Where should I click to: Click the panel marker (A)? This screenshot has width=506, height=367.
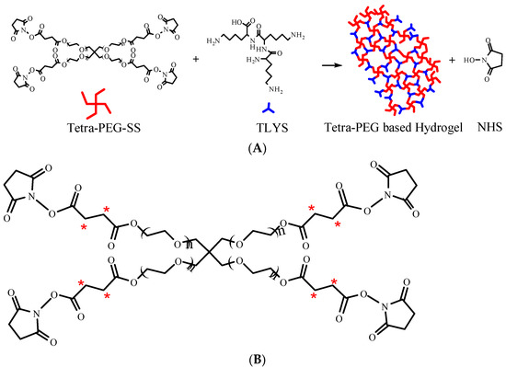point(251,147)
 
